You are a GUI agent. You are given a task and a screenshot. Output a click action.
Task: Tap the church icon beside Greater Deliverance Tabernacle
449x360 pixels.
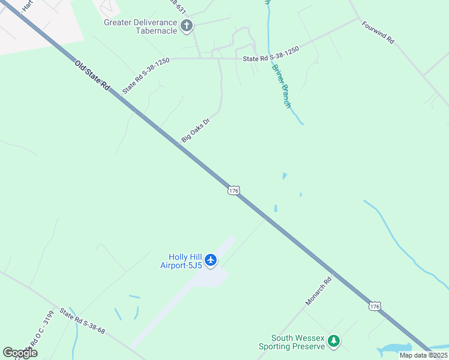pos(187,26)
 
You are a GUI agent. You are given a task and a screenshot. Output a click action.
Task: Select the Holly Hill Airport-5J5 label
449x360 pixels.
pos(181,260)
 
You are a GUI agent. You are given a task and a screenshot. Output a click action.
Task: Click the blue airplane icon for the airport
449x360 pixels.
pos(210,260)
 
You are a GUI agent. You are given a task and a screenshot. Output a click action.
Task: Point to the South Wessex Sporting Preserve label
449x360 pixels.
pos(291,342)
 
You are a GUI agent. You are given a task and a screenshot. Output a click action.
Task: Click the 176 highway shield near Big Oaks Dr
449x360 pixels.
pos(234,190)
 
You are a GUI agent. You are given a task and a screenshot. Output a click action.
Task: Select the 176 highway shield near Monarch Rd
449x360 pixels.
pos(375,306)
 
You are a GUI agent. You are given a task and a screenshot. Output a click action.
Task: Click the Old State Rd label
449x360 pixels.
pos(92,75)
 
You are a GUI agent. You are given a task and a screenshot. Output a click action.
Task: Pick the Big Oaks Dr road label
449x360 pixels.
pos(196,131)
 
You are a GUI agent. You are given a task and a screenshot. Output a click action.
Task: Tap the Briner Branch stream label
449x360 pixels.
pos(281,86)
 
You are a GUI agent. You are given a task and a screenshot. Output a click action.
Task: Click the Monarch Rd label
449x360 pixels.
pos(319,290)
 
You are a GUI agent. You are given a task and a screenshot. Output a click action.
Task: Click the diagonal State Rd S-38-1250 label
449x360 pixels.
pos(146,76)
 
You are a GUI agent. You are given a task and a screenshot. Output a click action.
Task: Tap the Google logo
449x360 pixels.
pos(20,353)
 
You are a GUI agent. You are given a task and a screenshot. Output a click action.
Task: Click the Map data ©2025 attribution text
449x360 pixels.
pos(424,355)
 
